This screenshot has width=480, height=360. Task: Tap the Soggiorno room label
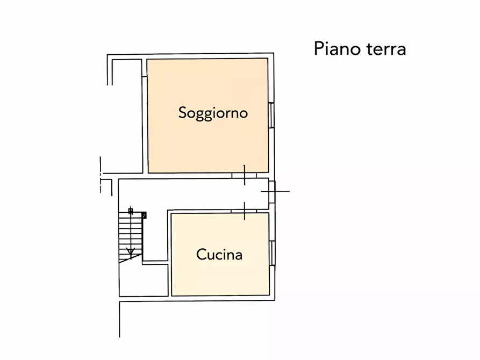click(x=213, y=113)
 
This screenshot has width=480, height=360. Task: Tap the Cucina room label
click(x=219, y=254)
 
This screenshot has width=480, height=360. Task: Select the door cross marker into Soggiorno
click(x=245, y=175)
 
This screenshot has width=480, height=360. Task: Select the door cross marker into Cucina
click(x=245, y=211)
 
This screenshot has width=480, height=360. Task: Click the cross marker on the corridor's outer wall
click(x=275, y=191)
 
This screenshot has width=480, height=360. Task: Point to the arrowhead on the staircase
click(x=130, y=250)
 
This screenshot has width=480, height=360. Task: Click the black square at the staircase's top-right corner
click(x=144, y=215)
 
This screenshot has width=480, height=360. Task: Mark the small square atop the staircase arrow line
click(x=130, y=211)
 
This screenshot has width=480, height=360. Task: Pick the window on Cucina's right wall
click(x=272, y=253)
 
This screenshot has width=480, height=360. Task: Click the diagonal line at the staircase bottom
click(x=132, y=258)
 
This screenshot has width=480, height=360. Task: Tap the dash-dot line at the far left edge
click(x=101, y=175)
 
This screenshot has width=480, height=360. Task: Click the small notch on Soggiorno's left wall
click(x=145, y=77)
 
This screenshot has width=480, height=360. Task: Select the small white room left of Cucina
click(x=143, y=279)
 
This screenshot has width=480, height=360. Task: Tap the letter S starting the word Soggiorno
click(x=183, y=113)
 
